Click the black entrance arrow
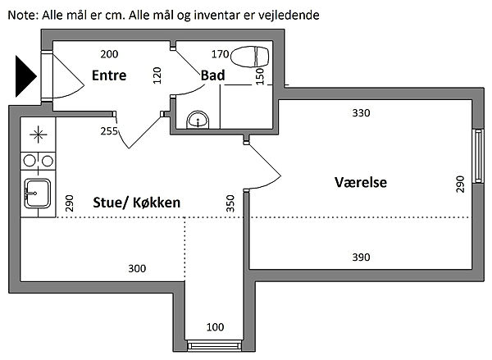click(x=25, y=75)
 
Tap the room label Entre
click(x=108, y=76)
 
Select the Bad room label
click(x=213, y=76)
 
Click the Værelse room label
click(x=361, y=181)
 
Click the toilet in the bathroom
click(x=250, y=57)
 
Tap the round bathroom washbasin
click(x=197, y=121)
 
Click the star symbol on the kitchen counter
click(x=38, y=133)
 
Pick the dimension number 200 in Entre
click(x=109, y=55)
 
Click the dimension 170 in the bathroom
click(x=220, y=55)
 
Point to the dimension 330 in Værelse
click(x=361, y=113)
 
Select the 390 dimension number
click(x=361, y=257)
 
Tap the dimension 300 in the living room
click(x=138, y=268)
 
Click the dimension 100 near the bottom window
click(x=215, y=327)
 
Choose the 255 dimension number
click(x=109, y=130)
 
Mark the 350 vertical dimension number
click(x=230, y=202)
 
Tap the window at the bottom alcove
click(x=215, y=345)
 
